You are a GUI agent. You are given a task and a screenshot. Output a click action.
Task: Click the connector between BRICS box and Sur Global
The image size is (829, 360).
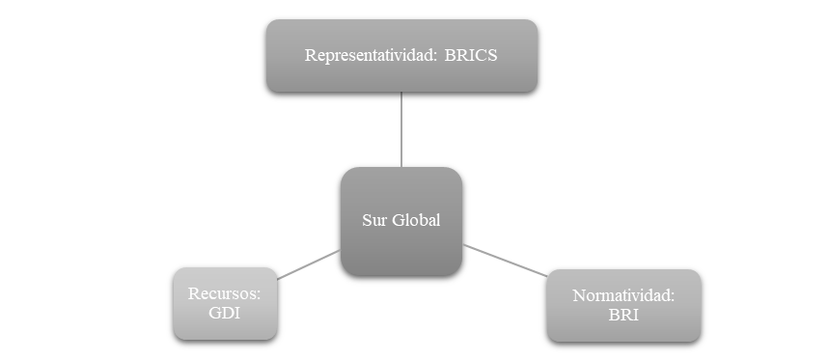pos(401,129)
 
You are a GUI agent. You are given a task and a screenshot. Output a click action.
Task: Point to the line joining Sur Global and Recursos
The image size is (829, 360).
pos(309,264)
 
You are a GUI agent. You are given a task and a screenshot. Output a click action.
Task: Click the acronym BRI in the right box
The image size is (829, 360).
pos(623,315)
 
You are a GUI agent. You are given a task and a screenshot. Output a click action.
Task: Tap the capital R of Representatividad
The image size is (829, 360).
pos(310,55)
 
